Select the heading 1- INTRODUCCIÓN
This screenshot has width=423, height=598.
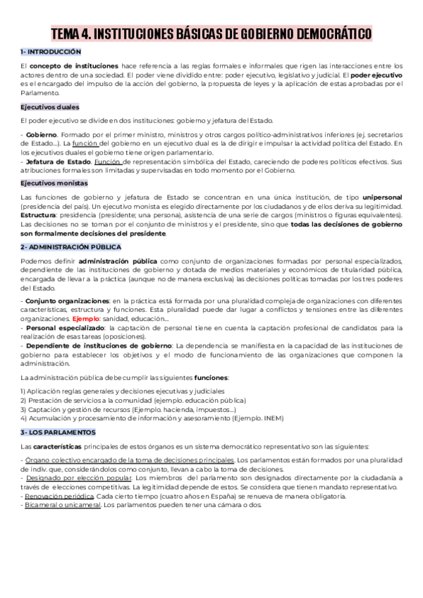(x=51, y=52)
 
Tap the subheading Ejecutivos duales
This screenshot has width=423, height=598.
(x=49, y=106)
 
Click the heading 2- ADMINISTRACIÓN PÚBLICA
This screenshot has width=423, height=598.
(x=70, y=247)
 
